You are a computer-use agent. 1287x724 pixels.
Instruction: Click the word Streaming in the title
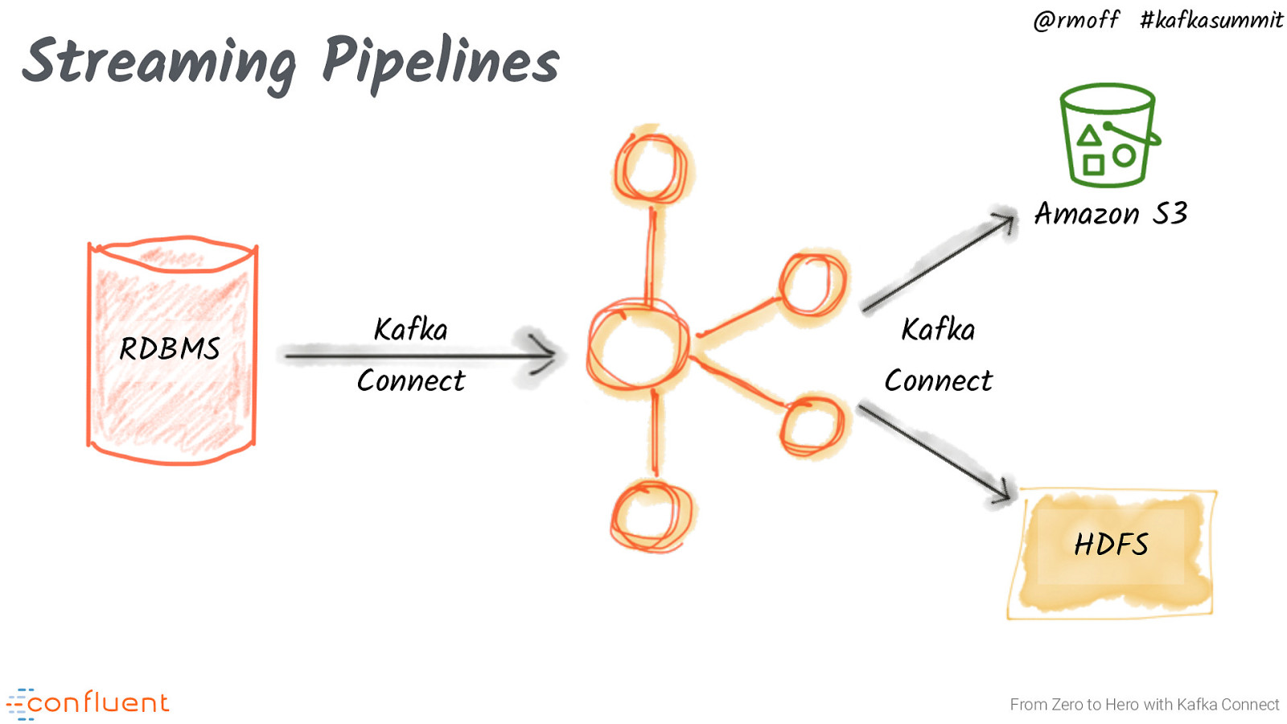159,63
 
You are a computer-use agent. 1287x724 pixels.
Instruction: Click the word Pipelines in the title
440,63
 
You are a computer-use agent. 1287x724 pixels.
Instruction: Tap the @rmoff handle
1075,19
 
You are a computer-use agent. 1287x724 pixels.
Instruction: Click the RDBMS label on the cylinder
170,349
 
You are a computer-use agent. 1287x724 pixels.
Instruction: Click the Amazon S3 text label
1110,214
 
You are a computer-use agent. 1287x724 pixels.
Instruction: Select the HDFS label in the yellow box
1111,545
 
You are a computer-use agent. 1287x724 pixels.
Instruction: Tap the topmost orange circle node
650,168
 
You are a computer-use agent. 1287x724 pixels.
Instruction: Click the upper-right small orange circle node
812,285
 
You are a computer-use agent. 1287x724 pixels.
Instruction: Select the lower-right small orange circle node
812,426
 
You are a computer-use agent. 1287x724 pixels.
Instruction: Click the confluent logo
88,704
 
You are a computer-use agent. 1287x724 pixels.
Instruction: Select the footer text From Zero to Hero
1144,705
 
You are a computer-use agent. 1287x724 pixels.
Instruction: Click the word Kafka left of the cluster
410,330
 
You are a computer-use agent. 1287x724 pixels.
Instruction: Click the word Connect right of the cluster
938,381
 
